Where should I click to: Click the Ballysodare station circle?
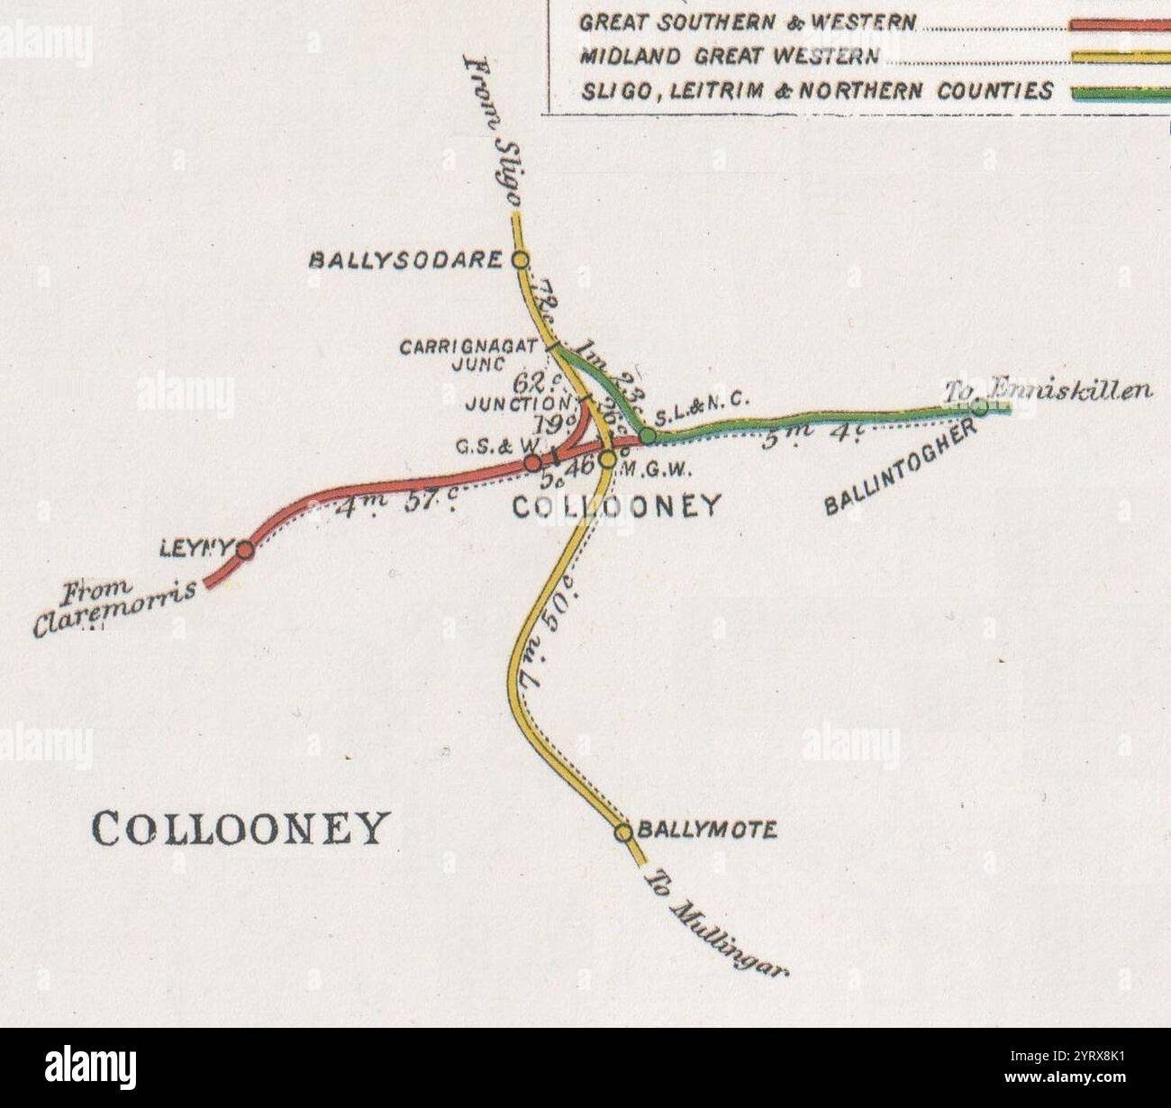pyautogui.click(x=520, y=260)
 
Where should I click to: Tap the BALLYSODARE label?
pyautogui.click(x=405, y=260)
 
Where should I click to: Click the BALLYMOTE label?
pyautogui.click(x=706, y=830)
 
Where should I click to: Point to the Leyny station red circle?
pyautogui.click(x=244, y=549)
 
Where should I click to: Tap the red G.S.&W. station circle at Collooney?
pyautogui.click(x=533, y=463)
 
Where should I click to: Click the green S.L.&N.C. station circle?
pyautogui.click(x=647, y=436)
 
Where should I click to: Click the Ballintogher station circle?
pyautogui.click(x=979, y=407)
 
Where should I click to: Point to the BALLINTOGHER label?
pyautogui.click(x=902, y=468)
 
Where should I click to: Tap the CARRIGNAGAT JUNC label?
pyautogui.click(x=468, y=354)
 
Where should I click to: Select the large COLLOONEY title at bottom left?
pyautogui.click(x=241, y=828)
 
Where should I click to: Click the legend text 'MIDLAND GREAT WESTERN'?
pyautogui.click(x=730, y=57)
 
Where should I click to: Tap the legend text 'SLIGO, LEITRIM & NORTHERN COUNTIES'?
pyautogui.click(x=817, y=91)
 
